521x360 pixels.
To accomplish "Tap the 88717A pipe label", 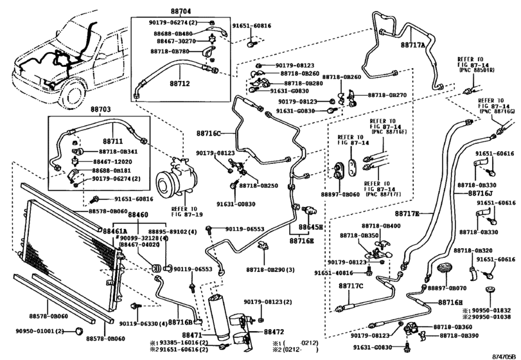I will click(x=414, y=46).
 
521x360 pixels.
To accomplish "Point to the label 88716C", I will click(x=209, y=133).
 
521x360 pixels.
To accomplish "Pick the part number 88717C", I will click(x=351, y=285).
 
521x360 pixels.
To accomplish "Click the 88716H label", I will click(x=451, y=302).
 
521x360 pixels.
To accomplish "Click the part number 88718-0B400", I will click(x=380, y=226).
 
